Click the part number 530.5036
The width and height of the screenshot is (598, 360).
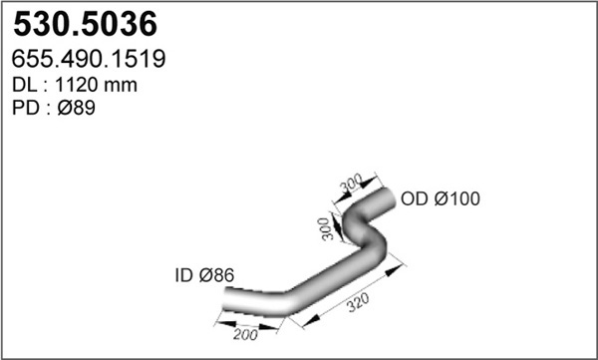(x=85, y=24)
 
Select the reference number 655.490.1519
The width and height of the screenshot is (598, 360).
(x=89, y=59)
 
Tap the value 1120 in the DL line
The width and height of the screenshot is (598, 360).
(x=78, y=85)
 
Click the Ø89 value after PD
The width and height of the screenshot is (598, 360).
(x=77, y=108)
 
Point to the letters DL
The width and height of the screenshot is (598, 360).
(x=25, y=85)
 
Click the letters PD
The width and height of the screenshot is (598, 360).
(x=26, y=108)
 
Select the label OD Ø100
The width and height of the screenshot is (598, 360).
(x=441, y=198)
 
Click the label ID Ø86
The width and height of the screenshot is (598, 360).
(x=204, y=275)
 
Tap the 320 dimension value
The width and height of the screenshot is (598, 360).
(x=358, y=302)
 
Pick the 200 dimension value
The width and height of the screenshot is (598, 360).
(x=245, y=335)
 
